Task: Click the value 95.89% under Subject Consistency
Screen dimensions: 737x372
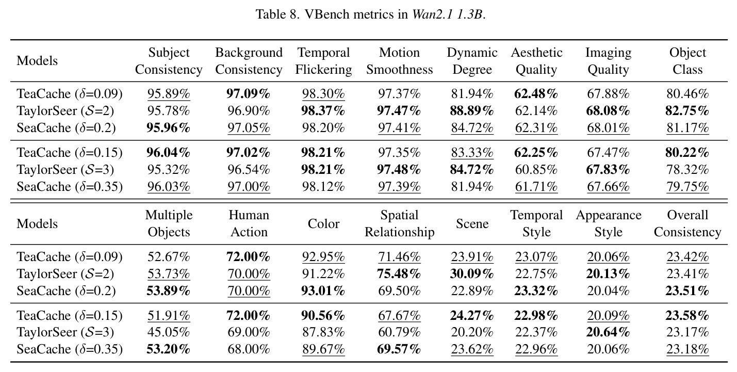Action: [x=169, y=94]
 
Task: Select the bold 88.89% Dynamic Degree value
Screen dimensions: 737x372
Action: [x=472, y=111]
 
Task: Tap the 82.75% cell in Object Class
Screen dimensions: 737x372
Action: [x=687, y=111]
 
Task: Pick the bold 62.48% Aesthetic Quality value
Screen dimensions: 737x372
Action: [x=536, y=94]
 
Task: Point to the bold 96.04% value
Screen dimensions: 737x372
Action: [x=169, y=152]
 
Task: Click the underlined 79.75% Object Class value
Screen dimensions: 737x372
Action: [x=687, y=187]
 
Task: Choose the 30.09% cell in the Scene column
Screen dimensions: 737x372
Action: [x=472, y=274]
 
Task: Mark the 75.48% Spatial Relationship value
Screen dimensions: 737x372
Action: [x=399, y=274]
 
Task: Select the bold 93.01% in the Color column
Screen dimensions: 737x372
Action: [x=323, y=291]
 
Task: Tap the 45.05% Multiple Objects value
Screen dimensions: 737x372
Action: [x=169, y=332]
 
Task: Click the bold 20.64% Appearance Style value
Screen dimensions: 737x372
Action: [x=608, y=332]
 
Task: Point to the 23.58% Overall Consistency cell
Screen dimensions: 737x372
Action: [x=687, y=316]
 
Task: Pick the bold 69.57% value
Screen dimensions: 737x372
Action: [x=399, y=349]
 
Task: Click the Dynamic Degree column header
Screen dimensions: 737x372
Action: [x=472, y=61]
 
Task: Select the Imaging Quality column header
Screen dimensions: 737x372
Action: [x=609, y=61]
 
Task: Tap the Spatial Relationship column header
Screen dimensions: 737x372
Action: [x=399, y=223]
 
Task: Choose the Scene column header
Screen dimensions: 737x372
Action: [x=472, y=224]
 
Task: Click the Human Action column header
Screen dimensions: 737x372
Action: [x=249, y=223]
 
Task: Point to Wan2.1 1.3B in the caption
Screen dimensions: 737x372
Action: [x=448, y=14]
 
